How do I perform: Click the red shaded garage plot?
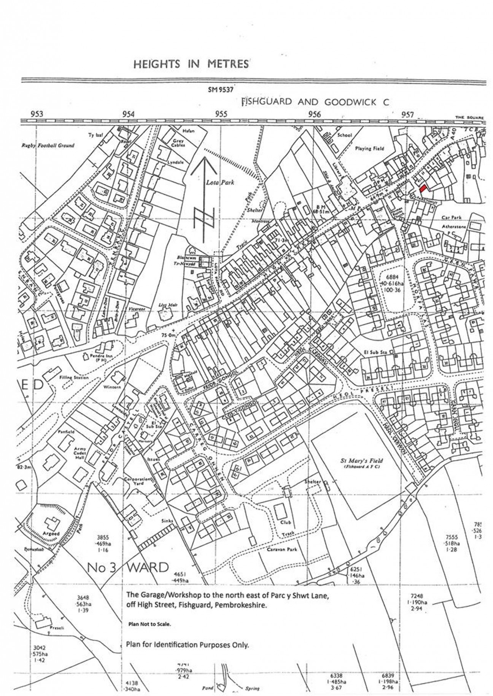pos(423,189)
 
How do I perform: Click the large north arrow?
pos(205,198)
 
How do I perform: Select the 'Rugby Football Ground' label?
pos(48,145)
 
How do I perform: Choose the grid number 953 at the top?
pos(37,114)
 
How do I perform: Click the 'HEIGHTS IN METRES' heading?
pos(191,64)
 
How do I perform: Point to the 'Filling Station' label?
pos(74,377)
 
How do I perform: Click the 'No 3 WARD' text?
pos(128,568)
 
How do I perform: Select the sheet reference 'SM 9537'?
pos(220,90)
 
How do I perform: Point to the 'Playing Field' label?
pos(369,149)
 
